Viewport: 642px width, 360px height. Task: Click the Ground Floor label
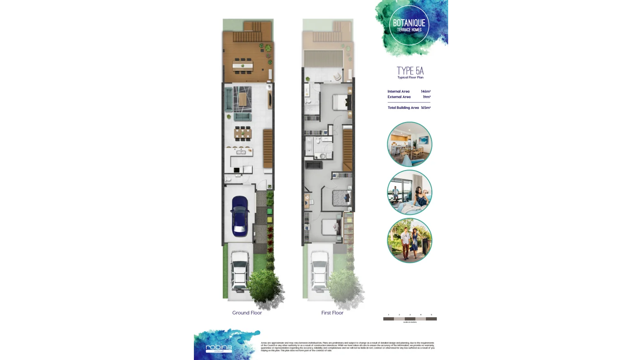tap(247, 313)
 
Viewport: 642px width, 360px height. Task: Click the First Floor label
tap(332, 313)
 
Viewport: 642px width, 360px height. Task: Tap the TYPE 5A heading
tap(410, 71)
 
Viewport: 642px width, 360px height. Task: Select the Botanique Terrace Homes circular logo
tap(409, 25)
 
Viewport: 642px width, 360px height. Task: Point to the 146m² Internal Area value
tap(426, 92)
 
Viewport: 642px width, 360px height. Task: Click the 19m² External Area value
tap(427, 97)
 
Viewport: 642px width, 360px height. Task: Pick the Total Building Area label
tap(403, 108)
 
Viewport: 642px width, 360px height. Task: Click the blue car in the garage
tap(240, 216)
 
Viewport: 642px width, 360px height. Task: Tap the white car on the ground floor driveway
tap(239, 270)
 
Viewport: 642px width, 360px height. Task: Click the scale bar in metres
tap(410, 318)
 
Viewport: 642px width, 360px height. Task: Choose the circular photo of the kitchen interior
tap(410, 144)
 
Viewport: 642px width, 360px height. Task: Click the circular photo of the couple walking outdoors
tap(410, 240)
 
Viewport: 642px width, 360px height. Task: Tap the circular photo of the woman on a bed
tap(410, 192)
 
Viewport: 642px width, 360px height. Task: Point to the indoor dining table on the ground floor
tap(242, 133)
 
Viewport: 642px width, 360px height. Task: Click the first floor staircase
tap(348, 150)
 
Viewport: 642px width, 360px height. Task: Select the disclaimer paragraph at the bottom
tap(347, 346)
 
